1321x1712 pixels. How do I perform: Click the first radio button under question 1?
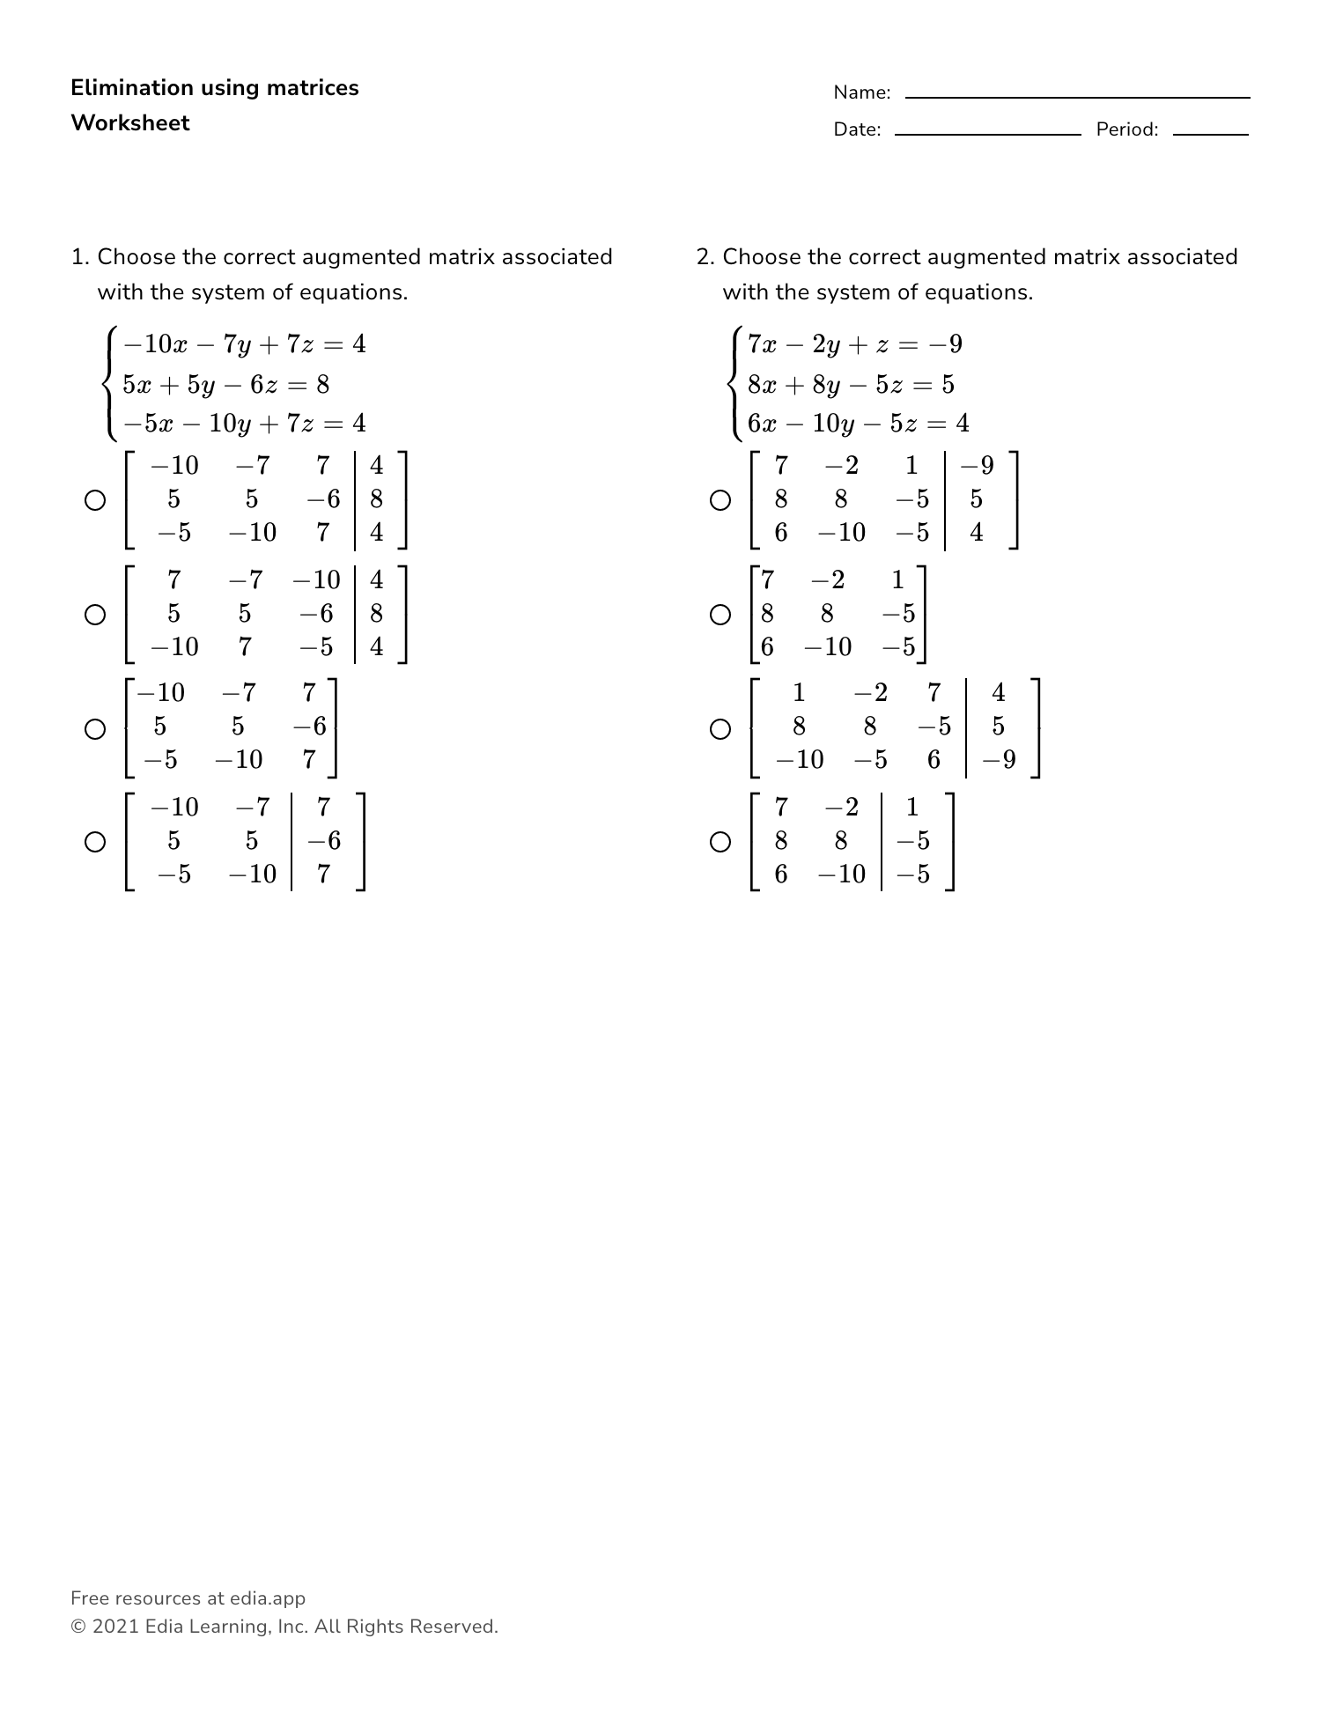[95, 500]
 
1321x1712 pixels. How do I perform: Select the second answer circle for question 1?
[95, 615]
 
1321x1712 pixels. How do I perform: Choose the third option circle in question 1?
[95, 729]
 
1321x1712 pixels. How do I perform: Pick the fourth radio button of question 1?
[95, 842]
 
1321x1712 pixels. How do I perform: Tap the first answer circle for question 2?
[720, 500]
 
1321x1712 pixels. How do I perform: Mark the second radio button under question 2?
[720, 615]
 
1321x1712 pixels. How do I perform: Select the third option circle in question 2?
[720, 729]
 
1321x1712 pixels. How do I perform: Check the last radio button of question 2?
[720, 842]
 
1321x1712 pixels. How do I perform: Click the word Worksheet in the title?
[130, 123]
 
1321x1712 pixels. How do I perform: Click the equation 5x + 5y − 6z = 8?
[225, 384]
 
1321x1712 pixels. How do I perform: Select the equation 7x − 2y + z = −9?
[854, 343]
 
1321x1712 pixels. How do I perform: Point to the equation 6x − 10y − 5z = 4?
[858, 424]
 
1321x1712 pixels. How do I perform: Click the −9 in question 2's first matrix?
[978, 465]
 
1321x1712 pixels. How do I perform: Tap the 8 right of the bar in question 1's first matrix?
[377, 499]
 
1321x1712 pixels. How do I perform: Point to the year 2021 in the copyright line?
[115, 1627]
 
